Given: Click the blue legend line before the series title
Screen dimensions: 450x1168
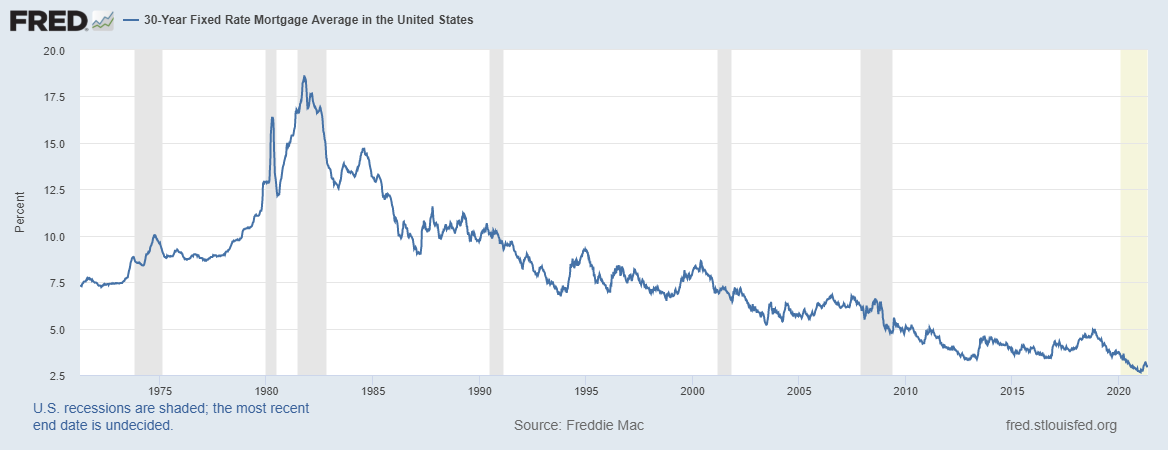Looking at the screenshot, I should point(132,20).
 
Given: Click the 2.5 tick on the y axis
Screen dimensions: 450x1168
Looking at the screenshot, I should point(56,376).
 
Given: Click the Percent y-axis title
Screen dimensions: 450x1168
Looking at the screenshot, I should point(20,213).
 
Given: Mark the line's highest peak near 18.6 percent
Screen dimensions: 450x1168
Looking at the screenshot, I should point(303,77).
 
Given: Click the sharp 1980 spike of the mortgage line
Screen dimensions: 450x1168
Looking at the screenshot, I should point(271,119).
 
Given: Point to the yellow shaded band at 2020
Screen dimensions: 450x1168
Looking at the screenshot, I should point(1133,200).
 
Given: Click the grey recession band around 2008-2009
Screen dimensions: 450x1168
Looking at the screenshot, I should point(876,200).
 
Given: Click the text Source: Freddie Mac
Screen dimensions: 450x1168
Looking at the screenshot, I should point(579,426).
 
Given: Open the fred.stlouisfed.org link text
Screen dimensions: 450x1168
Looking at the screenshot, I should point(1061,426).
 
